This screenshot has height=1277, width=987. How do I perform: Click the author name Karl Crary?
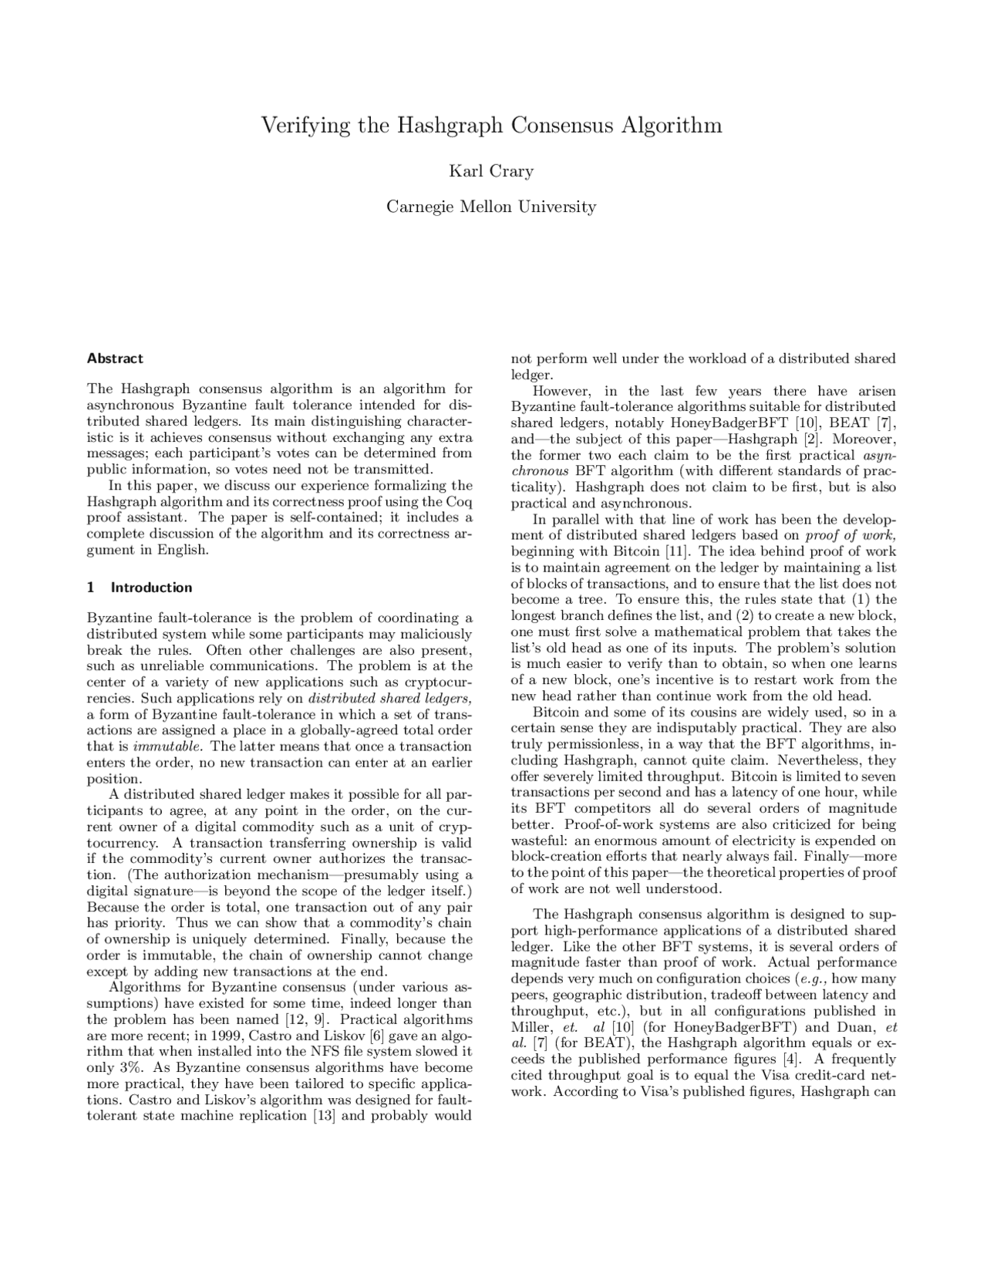tap(491, 171)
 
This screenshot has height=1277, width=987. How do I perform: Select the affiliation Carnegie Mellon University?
tap(491, 207)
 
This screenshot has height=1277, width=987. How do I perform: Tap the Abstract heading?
tap(115, 359)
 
